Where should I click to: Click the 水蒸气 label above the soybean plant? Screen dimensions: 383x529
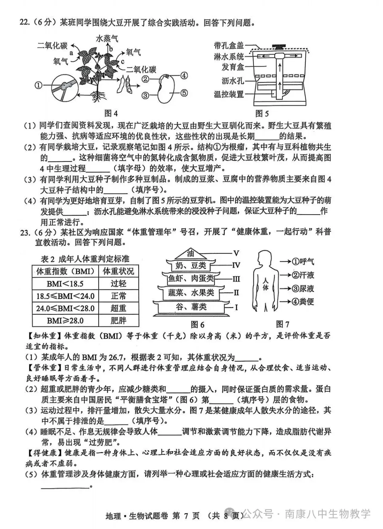(107, 38)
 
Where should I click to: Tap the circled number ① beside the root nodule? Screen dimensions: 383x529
(38, 85)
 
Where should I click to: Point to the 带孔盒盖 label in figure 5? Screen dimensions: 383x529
(229, 45)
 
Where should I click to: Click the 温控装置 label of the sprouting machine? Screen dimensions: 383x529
(229, 94)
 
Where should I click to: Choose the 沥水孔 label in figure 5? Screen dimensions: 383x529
(233, 81)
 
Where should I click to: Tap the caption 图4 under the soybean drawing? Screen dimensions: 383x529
(111, 113)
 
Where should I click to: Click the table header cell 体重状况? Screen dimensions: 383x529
(118, 271)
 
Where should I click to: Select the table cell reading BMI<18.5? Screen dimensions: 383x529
(65, 284)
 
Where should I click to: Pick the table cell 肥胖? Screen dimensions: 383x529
(118, 320)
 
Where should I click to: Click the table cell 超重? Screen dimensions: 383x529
(118, 308)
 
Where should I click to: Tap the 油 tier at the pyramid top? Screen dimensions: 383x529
(191, 253)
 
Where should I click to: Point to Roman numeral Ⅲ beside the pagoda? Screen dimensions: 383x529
(236, 279)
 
